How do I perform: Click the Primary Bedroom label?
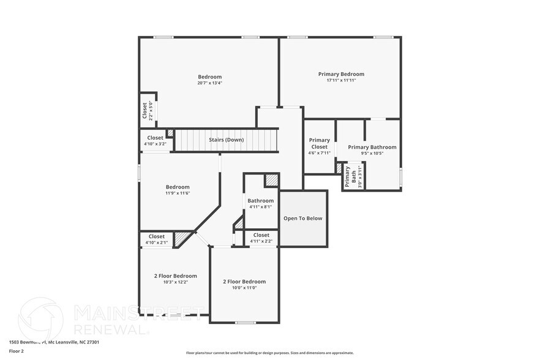click(x=341, y=74)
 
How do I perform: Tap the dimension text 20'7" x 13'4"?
click(x=209, y=83)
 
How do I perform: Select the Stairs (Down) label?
click(x=226, y=140)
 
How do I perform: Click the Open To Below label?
click(x=302, y=218)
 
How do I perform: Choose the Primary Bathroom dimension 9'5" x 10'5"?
click(x=372, y=153)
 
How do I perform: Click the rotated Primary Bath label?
click(x=347, y=177)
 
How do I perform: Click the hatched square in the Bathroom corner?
click(x=271, y=180)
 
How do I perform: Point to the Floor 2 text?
click(x=16, y=351)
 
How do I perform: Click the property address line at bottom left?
click(x=54, y=342)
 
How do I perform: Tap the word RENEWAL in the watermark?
click(x=111, y=329)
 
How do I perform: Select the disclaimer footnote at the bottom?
click(x=269, y=353)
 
